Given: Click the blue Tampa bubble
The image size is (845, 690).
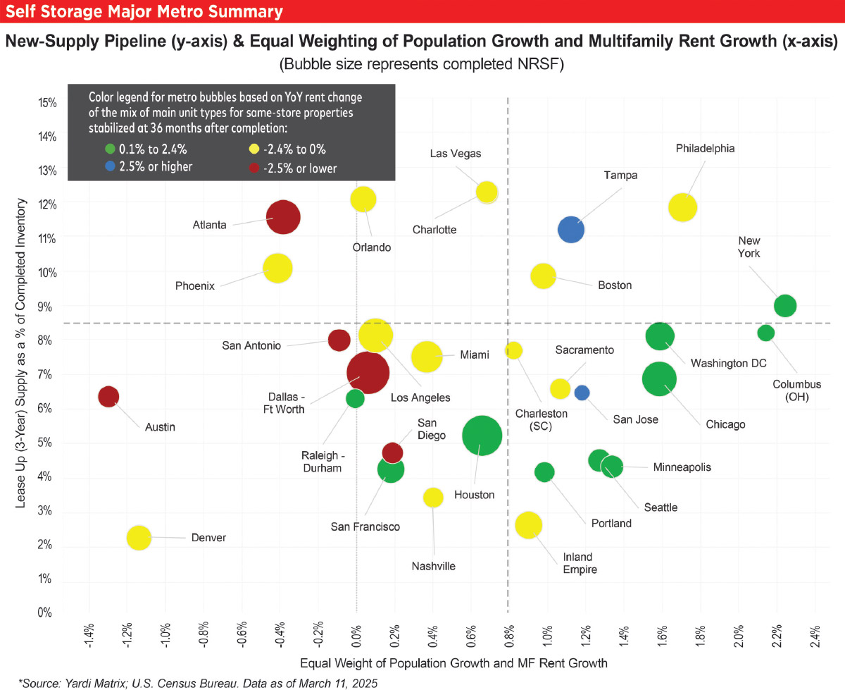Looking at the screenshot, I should pos(572,229).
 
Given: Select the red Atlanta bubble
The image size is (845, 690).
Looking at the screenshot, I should pos(283,217).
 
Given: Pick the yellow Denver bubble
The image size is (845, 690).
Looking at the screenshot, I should pos(139,538).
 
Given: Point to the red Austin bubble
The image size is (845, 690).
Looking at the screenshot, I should pos(108,397).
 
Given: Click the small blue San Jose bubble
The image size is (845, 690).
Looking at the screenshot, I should pos(582,393).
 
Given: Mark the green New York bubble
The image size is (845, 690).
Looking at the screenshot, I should pos(785,306).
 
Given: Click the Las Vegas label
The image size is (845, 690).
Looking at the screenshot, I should pos(455,154).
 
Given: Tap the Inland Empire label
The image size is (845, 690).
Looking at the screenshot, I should pos(579,563).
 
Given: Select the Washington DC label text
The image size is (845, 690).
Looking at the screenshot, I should pos(728,363).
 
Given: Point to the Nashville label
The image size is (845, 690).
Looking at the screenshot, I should pos(434,566).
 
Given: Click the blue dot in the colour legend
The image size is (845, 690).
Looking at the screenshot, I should pos(109,167).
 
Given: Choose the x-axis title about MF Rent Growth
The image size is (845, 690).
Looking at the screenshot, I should pos(453,663).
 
